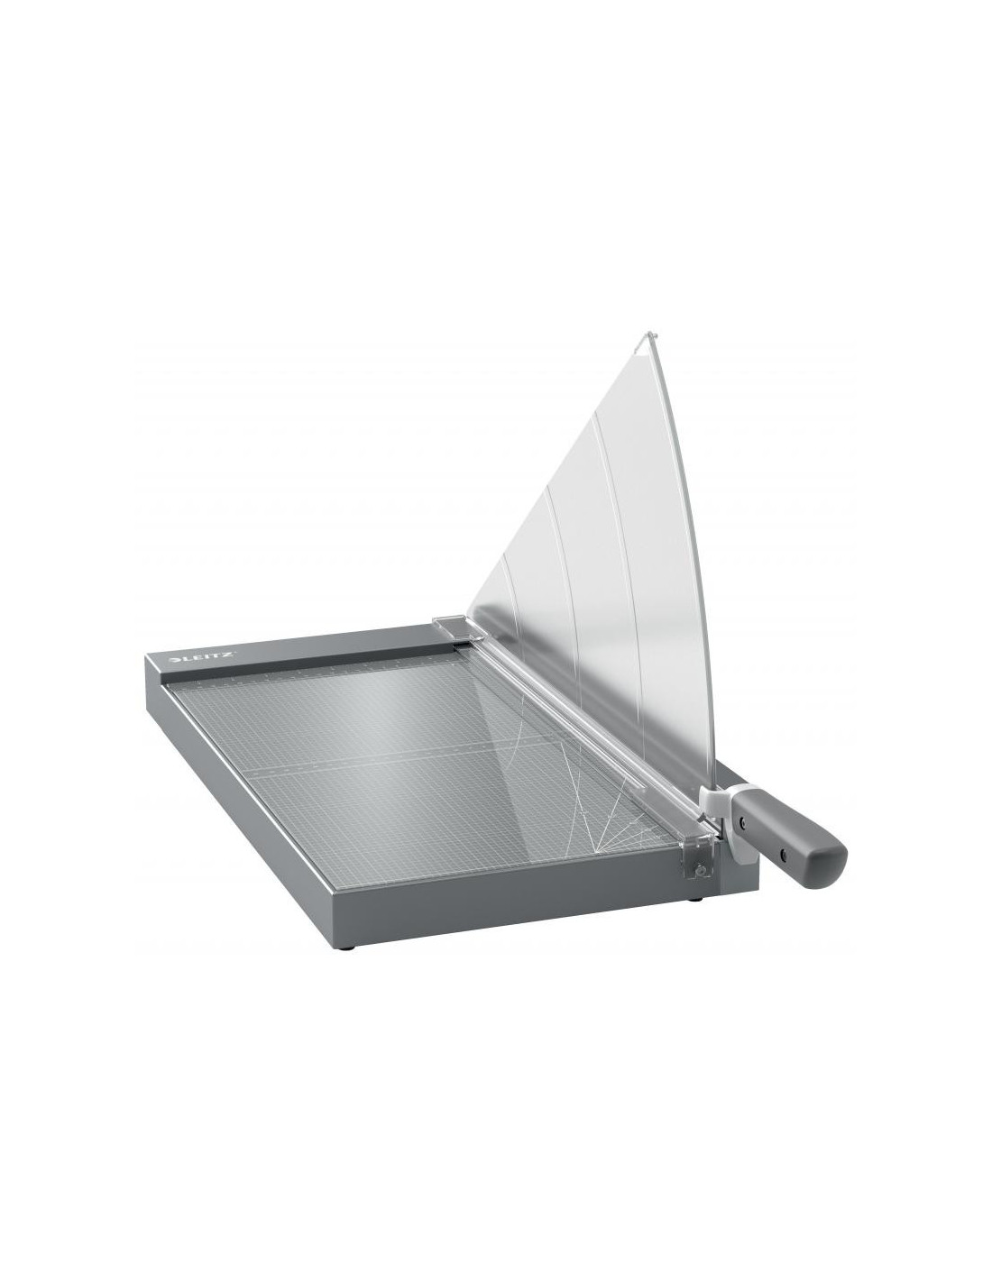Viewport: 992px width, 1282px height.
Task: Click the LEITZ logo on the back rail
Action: (x=202, y=657)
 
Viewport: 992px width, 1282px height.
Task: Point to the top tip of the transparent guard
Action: (x=648, y=335)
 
